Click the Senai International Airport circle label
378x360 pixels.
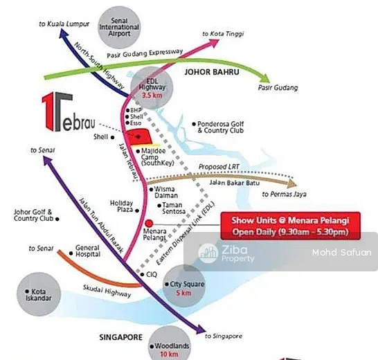pos(119,27)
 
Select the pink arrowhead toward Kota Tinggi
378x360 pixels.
pos(214,42)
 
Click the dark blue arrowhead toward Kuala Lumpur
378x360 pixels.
pos(64,33)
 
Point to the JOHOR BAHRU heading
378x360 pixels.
pos(212,72)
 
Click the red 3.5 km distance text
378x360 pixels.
pos(152,95)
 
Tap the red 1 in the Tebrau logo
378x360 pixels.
pos(48,111)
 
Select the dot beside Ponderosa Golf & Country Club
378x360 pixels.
pos(194,124)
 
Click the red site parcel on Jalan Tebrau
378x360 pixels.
pos(138,137)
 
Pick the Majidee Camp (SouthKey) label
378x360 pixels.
pos(157,156)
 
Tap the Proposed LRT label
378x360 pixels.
pos(219,167)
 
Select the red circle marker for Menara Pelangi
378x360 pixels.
pos(149,224)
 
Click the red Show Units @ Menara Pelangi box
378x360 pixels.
pos(291,226)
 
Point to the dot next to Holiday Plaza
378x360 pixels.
pos(137,210)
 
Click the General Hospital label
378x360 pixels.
pos(88,251)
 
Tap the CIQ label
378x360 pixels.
pos(152,274)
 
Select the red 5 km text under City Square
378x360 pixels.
pos(183,293)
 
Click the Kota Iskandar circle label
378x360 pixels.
pos(39,294)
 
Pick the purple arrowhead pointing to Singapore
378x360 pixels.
pos(201,329)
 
